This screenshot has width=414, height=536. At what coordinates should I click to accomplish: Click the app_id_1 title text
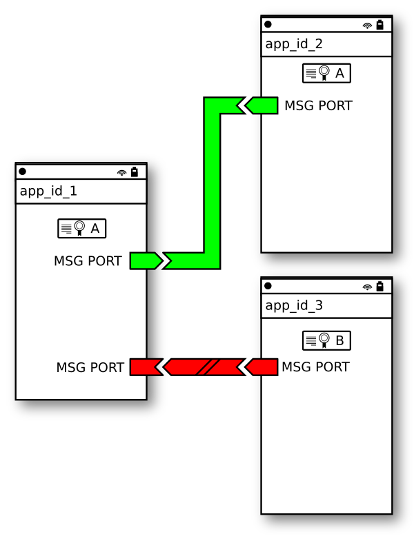tap(48, 192)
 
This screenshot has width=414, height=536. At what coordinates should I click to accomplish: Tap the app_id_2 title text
tap(294, 44)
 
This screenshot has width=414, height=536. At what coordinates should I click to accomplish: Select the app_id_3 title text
tap(294, 305)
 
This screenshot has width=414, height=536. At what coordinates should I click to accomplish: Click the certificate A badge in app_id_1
tap(82, 228)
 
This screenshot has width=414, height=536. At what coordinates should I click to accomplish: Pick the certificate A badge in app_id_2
tap(326, 73)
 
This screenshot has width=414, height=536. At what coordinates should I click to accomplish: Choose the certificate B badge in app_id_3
tap(326, 340)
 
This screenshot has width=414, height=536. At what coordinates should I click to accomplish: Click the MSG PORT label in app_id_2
tap(318, 106)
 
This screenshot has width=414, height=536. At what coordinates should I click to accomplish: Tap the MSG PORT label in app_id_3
tap(315, 367)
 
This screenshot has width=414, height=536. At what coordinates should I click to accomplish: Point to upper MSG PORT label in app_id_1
tap(88, 261)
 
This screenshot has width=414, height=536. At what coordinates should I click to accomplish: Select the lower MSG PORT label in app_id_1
tap(90, 368)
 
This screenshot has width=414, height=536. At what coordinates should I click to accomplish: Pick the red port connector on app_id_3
tap(263, 367)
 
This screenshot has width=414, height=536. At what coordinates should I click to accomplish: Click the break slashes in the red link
tap(207, 367)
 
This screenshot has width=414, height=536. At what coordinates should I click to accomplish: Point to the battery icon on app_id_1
tap(135, 172)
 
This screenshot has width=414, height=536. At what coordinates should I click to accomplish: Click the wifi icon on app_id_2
tap(367, 25)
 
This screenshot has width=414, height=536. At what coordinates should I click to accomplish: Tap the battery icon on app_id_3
tap(379, 286)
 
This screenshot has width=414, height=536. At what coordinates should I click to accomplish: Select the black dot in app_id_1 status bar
tap(23, 172)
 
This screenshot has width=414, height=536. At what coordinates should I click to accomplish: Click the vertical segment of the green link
tap(213, 183)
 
